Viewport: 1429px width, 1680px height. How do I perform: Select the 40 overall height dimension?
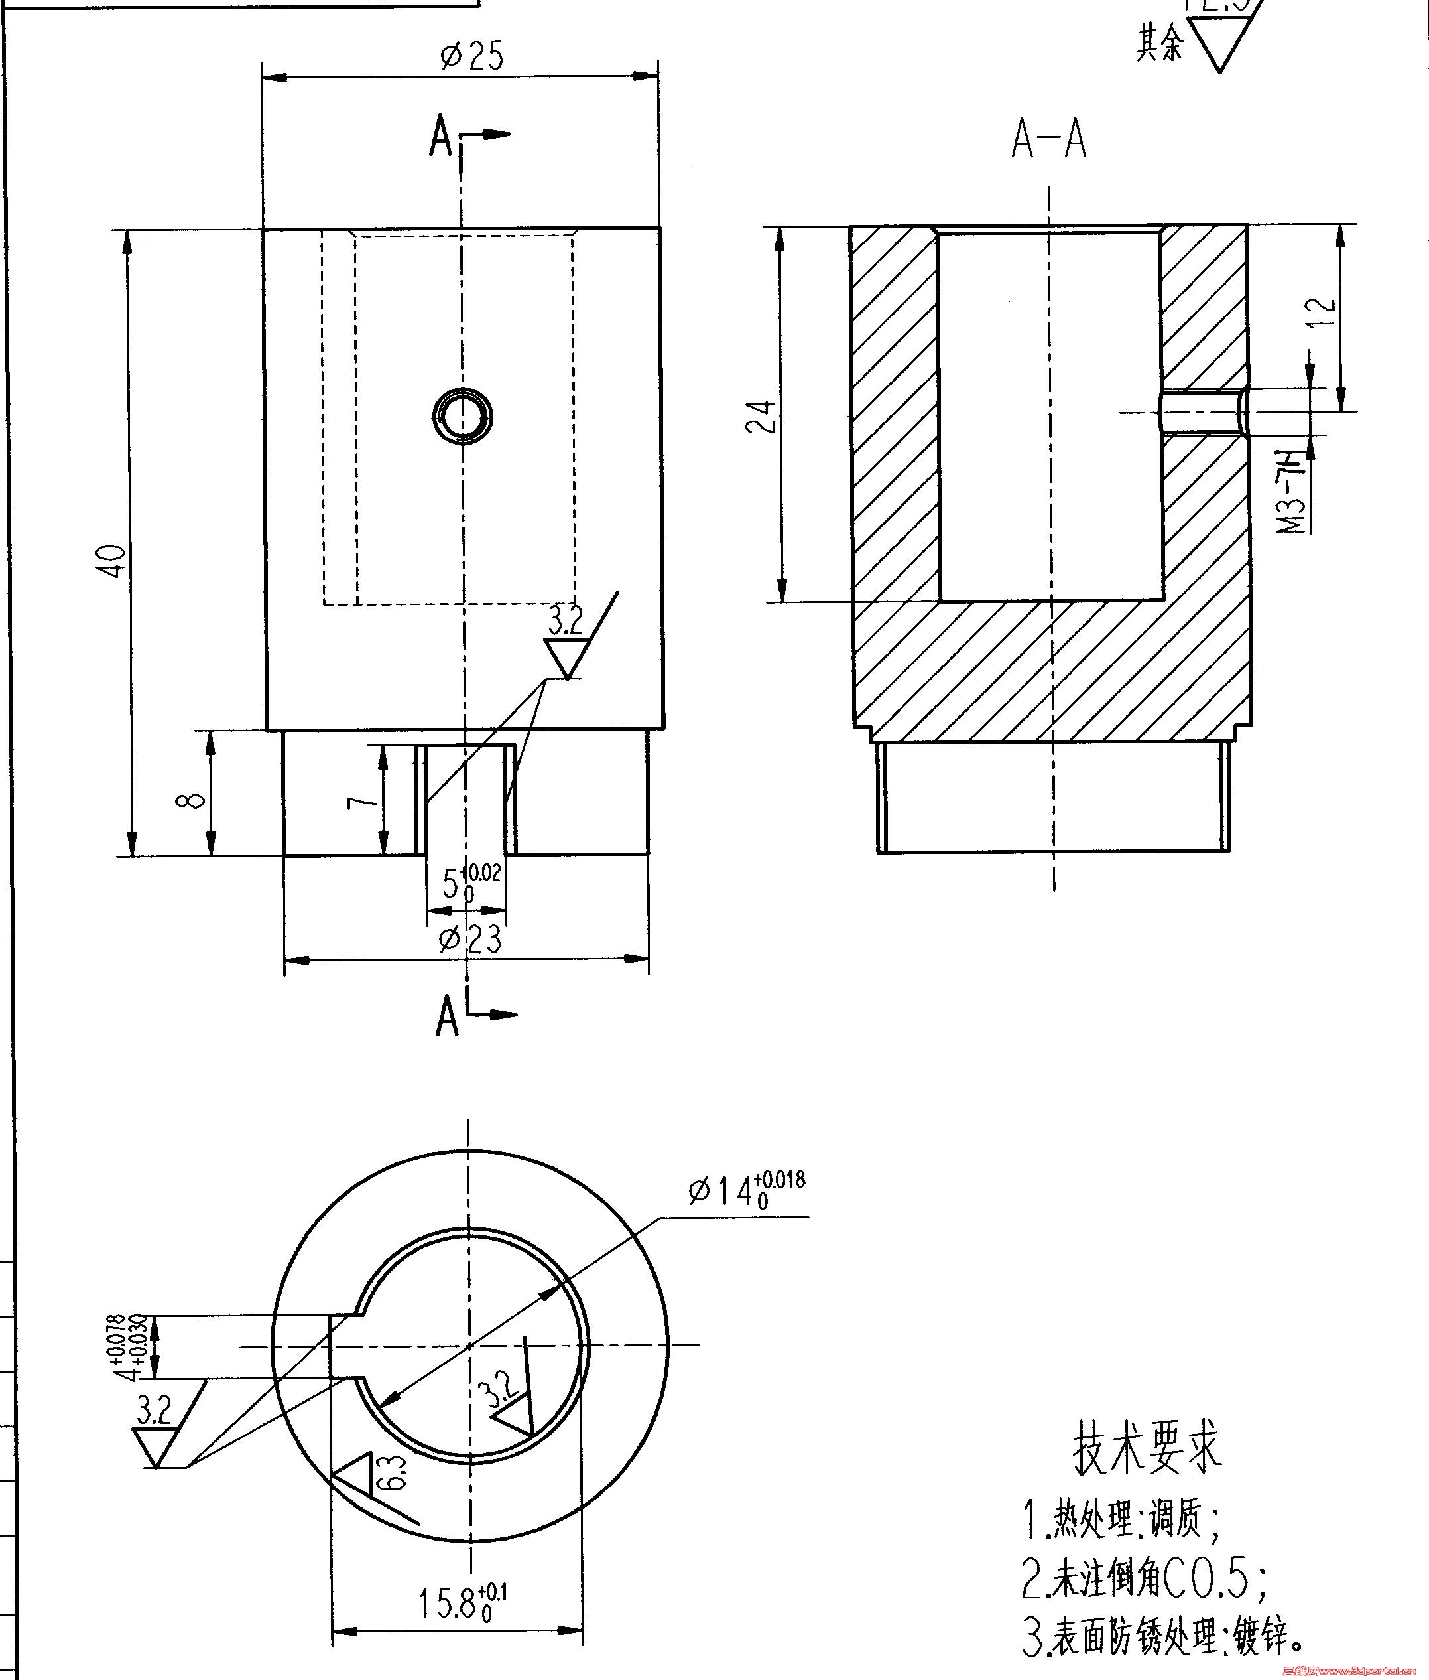(113, 561)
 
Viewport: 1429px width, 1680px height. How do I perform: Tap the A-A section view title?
(1048, 140)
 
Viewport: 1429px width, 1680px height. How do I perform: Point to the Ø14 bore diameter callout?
(746, 1190)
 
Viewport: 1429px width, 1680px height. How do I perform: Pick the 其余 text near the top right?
(1159, 43)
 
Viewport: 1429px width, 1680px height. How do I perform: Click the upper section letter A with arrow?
(442, 136)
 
